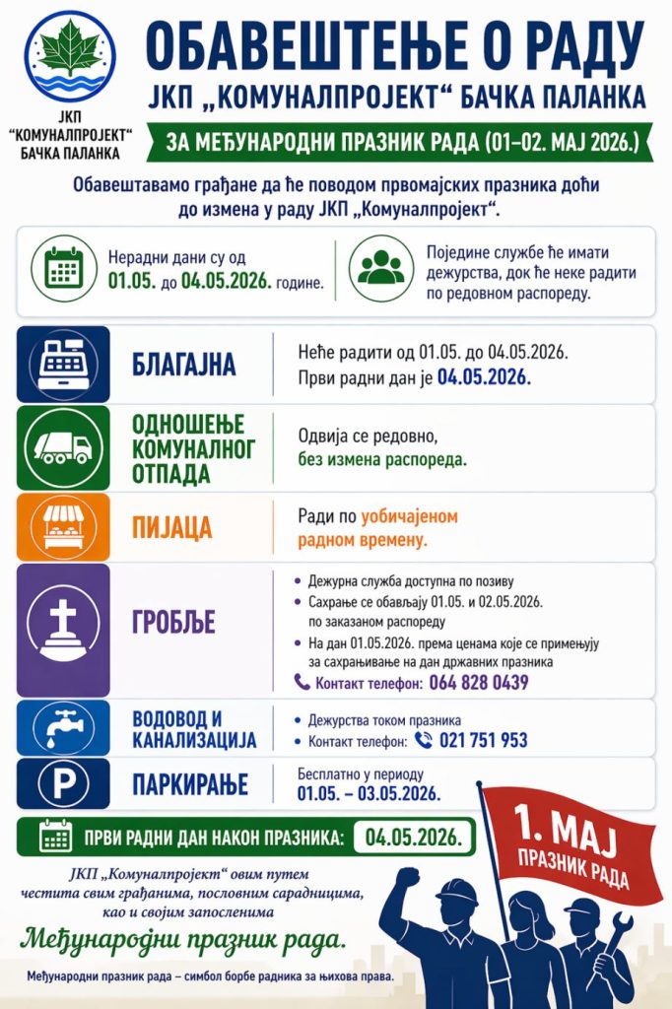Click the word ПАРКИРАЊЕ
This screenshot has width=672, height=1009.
click(189, 784)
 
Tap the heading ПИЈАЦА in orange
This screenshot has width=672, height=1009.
click(172, 527)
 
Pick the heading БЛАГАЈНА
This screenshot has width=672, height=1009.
click(184, 365)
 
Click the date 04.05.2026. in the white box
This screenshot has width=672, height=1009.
click(414, 837)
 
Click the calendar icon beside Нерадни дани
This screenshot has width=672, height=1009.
click(67, 266)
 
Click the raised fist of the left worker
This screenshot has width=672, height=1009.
click(408, 876)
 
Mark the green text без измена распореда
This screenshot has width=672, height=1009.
click(382, 458)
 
